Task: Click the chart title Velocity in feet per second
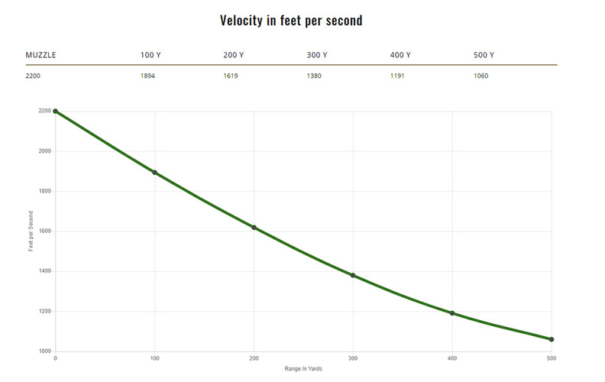(x=291, y=21)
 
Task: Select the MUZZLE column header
(x=41, y=55)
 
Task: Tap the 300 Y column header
(x=316, y=55)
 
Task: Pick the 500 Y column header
(x=484, y=55)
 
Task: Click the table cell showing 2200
(x=34, y=76)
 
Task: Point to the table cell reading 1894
(x=148, y=76)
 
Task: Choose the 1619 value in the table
(x=231, y=76)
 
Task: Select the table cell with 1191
(x=398, y=76)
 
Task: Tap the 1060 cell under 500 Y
(x=481, y=76)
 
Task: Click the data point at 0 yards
(x=56, y=112)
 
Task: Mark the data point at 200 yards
(x=254, y=228)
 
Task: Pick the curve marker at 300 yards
(x=353, y=275)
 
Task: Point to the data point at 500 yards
(x=552, y=339)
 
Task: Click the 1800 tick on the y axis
(x=44, y=191)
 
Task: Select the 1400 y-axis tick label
(x=44, y=271)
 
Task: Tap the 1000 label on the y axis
(x=44, y=351)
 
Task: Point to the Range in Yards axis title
(x=303, y=370)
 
